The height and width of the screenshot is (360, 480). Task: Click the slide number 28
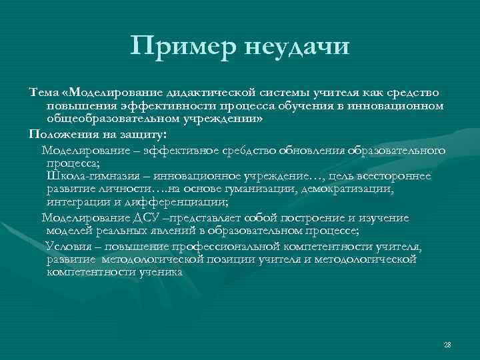[447, 345]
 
